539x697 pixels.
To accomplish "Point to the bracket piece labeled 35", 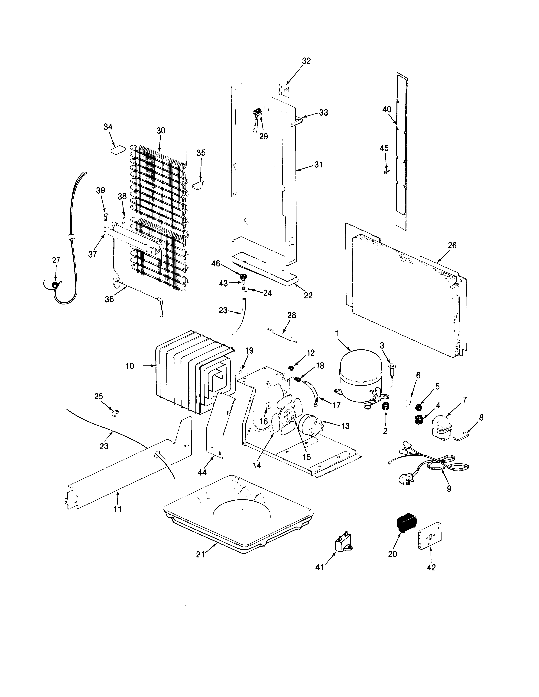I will [x=199, y=185].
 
